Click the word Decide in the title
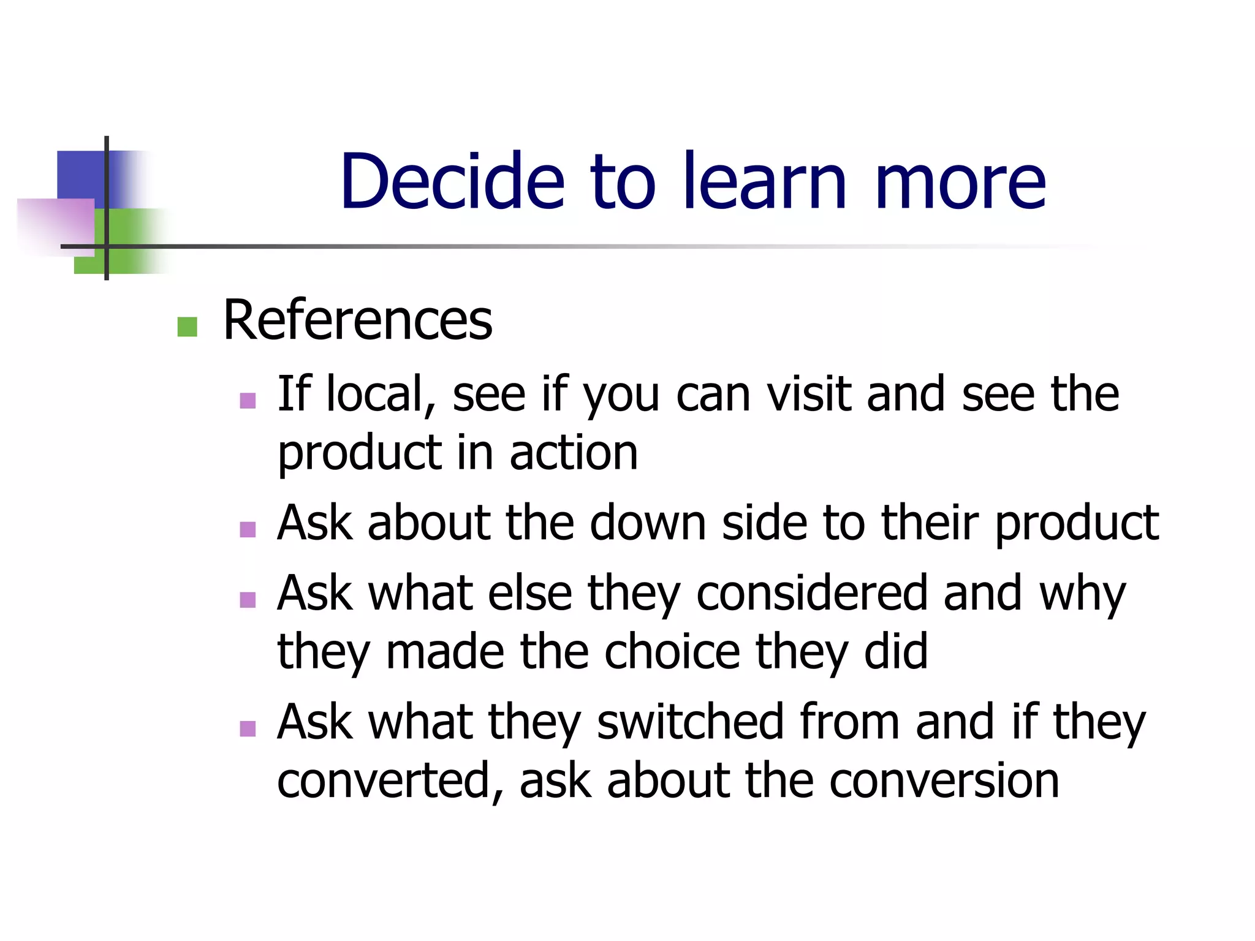point(452,181)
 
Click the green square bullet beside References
point(187,327)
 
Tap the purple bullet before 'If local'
point(248,401)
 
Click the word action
point(574,453)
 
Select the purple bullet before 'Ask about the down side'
point(248,529)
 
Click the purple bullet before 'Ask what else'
point(248,599)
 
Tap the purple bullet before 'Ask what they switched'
point(248,728)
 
